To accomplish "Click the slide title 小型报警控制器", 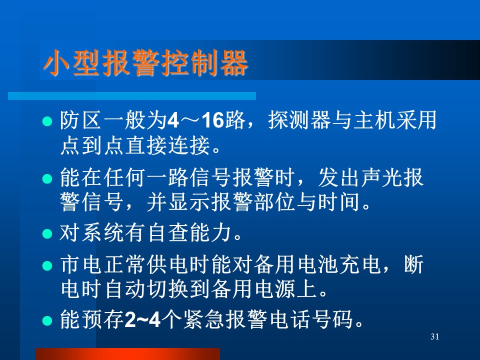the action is click(145, 63).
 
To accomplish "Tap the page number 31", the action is click(434, 336).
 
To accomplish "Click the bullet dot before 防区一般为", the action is click(47, 121).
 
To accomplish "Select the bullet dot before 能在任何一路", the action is click(47, 178).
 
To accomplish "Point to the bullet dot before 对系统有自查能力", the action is click(47, 233).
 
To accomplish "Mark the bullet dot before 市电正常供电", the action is click(47, 265).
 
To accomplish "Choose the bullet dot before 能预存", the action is click(47, 320).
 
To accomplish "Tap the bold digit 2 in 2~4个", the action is click(130, 319).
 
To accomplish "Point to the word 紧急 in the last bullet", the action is click(203, 319).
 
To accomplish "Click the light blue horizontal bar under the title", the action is click(132, 96).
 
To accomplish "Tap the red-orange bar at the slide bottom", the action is click(128, 354).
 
